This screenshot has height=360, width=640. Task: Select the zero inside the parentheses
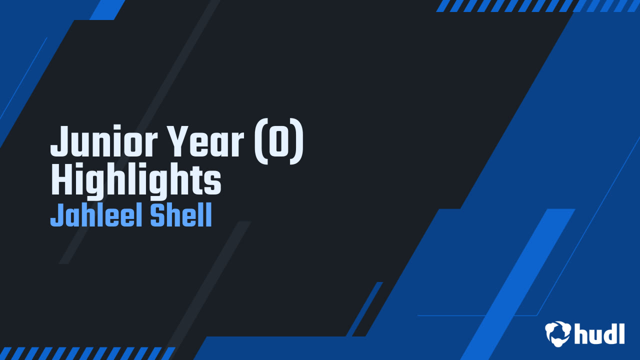279,143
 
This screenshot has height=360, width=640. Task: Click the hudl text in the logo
599,333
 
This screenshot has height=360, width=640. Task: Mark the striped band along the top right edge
537,5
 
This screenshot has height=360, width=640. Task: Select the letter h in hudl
581,333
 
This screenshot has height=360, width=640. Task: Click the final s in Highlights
214,183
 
